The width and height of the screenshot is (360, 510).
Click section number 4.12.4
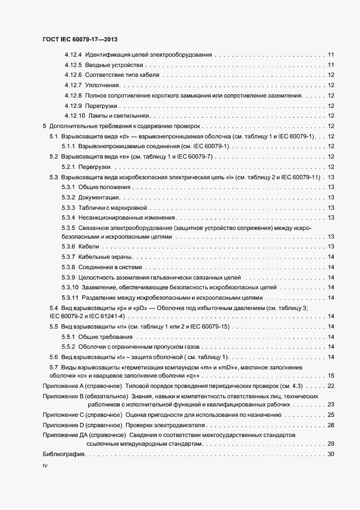click(73, 54)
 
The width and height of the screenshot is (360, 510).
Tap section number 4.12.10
click(75, 116)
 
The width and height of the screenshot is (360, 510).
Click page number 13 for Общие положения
click(331, 187)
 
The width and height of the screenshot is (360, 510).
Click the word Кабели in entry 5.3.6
click(88, 247)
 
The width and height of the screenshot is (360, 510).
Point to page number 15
click(331, 375)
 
